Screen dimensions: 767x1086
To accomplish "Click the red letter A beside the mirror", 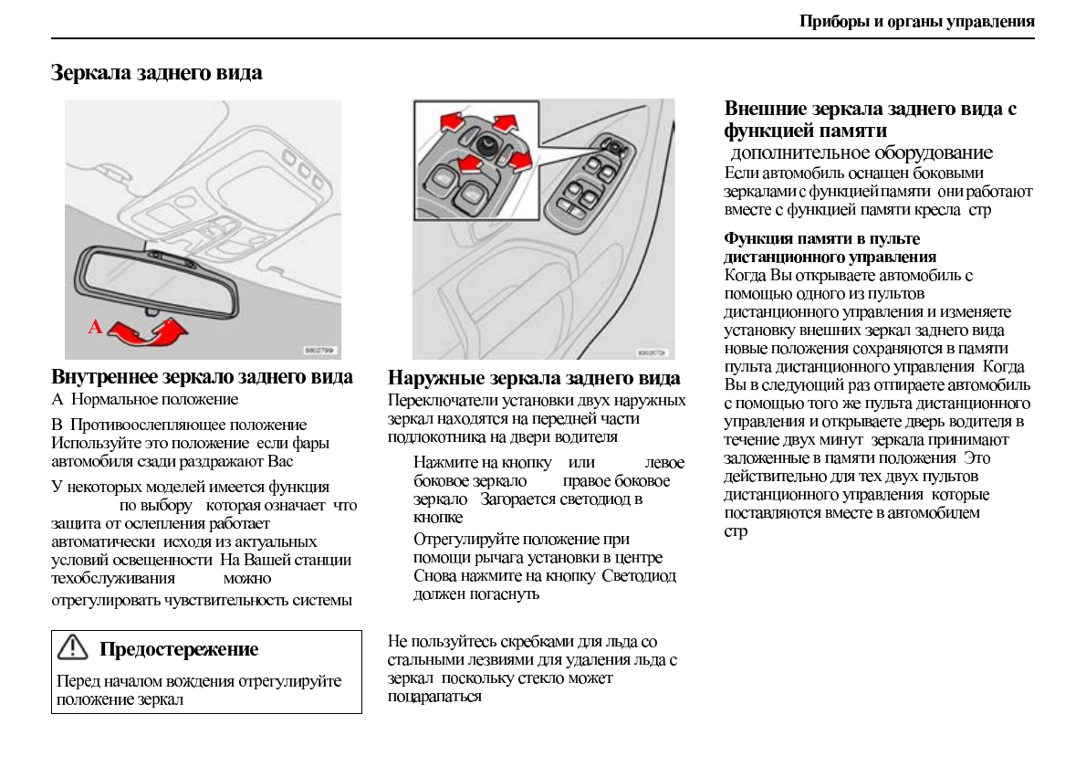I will (94, 328).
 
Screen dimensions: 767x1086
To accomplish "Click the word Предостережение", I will (179, 649).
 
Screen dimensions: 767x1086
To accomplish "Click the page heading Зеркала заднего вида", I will (156, 73).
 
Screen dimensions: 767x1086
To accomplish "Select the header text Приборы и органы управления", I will (916, 22).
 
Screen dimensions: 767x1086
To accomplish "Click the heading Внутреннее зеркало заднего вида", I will (202, 377).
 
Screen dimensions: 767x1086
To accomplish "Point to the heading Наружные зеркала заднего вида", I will (534, 378).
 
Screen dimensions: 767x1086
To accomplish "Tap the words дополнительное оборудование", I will (861, 152).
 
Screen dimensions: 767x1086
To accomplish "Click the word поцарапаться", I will (434, 697).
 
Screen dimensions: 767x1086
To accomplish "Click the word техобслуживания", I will (113, 578).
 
